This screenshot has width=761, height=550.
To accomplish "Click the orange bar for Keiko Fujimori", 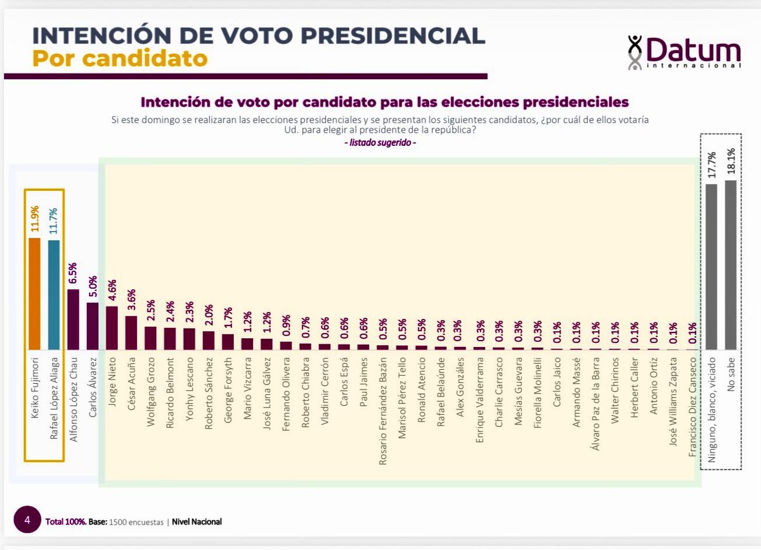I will (x=34, y=294).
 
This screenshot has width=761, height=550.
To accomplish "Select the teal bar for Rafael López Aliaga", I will (x=54, y=295).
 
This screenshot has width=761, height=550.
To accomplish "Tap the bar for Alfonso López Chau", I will (x=73, y=320).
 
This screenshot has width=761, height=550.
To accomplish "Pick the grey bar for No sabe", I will (x=731, y=265).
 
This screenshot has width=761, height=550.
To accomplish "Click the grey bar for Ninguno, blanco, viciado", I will (x=711, y=266).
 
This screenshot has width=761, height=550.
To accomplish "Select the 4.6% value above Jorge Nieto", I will (x=112, y=292).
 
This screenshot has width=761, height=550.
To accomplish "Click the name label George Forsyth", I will (x=228, y=389).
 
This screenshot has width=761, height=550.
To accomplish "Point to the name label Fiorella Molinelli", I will (x=537, y=396).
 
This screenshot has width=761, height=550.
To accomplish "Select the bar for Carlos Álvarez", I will (x=93, y=326).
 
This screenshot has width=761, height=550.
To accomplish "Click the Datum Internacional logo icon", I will (x=635, y=52).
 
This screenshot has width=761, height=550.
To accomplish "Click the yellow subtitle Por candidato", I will (x=120, y=58).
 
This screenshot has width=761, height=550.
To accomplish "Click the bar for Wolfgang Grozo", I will (x=150, y=338).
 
